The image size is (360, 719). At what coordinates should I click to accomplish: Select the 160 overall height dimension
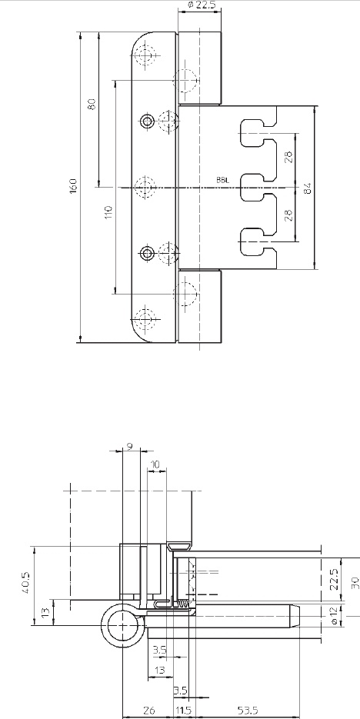(73, 186)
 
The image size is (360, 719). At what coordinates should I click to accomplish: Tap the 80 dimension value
(92, 104)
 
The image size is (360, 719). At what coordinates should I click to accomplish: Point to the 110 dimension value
(108, 211)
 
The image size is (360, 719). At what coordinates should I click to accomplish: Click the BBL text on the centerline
(223, 180)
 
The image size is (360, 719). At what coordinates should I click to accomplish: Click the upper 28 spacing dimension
(288, 158)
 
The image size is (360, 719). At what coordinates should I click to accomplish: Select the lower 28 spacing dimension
(288, 215)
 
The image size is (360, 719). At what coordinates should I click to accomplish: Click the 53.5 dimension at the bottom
(247, 711)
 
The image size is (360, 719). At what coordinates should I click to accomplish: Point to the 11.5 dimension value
(182, 711)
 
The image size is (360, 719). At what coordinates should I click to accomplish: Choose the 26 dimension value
(148, 711)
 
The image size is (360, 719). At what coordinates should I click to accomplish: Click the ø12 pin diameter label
(335, 615)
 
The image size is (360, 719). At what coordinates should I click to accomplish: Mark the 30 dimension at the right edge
(355, 582)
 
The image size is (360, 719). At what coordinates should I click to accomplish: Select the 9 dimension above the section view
(130, 446)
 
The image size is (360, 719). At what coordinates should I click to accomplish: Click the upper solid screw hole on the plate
(147, 121)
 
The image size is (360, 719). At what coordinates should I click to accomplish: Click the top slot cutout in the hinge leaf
(258, 133)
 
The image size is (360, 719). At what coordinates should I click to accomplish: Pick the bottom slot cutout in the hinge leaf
(258, 241)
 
